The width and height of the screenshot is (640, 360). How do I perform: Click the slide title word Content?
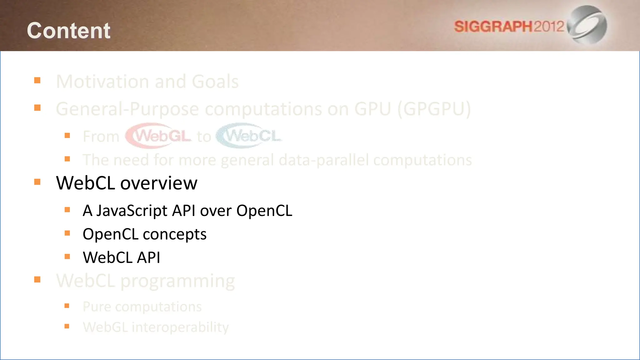pos(68,31)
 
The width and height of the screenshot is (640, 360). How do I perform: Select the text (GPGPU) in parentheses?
pos(434,109)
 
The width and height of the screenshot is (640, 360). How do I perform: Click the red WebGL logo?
pos(159,136)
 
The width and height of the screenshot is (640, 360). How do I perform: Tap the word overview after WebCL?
pos(159,183)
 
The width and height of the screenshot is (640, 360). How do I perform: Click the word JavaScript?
pos(132,211)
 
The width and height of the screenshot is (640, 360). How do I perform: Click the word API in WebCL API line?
pos(148,258)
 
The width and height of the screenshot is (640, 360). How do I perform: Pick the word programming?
pos(177,281)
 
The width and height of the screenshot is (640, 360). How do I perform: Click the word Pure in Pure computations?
pos(97,307)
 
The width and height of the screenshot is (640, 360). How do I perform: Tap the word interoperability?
pos(180,327)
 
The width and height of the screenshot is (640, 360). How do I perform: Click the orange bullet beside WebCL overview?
pos(37,182)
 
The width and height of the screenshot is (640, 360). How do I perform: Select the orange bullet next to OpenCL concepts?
pos(67,233)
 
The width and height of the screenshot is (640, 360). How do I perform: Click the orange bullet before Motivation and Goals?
pos(37,81)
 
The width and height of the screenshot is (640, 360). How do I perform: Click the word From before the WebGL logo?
pos(101,137)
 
